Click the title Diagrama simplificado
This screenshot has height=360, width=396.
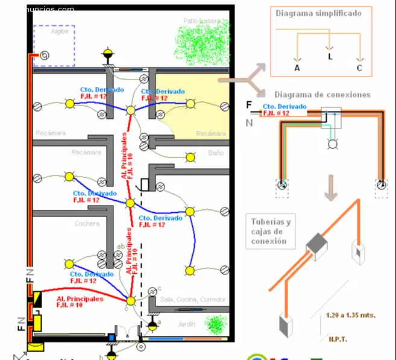coord(318,13)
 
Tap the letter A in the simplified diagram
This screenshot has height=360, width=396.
coord(297,68)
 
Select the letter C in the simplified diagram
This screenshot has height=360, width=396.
coord(359,68)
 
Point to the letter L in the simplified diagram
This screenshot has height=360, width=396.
coord(330,57)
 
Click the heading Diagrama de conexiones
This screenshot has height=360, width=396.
coord(322,95)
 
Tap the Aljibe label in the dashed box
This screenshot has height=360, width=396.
coord(60,31)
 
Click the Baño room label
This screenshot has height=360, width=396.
coord(216,154)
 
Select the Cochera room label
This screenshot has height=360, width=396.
coord(87,224)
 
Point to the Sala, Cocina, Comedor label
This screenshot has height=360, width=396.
coord(192,300)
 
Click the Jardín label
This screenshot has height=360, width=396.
coord(187,324)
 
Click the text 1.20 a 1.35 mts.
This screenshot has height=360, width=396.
coord(342,315)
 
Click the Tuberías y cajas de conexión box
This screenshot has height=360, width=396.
coord(271,232)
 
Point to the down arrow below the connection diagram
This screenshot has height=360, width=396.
coord(330,188)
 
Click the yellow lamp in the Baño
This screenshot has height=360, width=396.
coord(190,158)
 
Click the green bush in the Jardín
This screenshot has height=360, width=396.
coord(214,324)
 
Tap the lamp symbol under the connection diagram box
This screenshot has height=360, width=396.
coord(330,144)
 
